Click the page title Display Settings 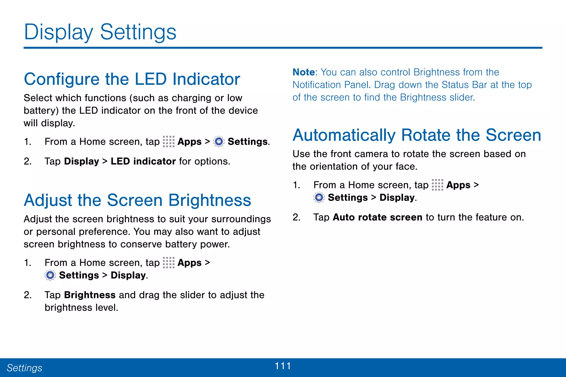100,32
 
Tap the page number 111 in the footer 283,366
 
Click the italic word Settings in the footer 24,368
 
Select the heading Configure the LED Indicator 132,79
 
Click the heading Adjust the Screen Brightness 137,200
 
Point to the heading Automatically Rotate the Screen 417,135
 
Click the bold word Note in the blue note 303,72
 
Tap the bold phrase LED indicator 143,161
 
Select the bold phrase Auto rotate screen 377,217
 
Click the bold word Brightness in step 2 90,295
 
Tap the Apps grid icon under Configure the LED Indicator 169,141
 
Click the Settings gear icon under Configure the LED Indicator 219,142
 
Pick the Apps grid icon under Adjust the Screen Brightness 169,262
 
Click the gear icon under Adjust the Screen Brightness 50,275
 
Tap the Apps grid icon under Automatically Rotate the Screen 437,185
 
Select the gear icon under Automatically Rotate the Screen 319,197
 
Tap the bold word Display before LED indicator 82,161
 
